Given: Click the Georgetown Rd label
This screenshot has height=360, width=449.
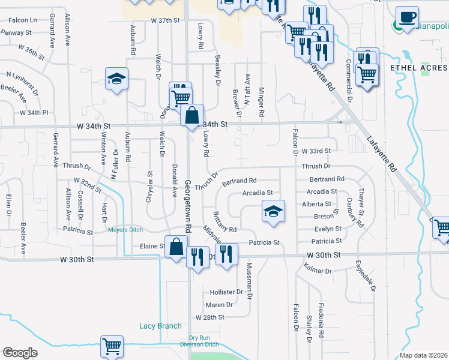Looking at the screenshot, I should click(x=188, y=206).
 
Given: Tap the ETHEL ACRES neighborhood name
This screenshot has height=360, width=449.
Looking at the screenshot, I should click(x=416, y=68).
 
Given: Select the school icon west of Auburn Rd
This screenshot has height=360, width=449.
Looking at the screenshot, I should click(x=117, y=79).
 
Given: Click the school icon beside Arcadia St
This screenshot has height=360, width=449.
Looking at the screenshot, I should click(x=273, y=211).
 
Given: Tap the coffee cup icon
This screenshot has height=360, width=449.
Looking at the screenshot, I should click(x=408, y=17).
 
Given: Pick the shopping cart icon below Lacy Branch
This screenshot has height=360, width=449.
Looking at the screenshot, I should click(x=112, y=346).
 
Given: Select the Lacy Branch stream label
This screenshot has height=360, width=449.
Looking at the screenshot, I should click(x=160, y=326).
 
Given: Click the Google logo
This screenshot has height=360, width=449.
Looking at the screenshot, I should click(x=20, y=352).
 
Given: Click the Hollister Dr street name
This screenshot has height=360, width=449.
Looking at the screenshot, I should click(x=226, y=292).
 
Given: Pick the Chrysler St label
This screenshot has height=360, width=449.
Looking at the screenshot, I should click(x=149, y=187).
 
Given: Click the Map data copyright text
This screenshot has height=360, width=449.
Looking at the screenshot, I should click(x=423, y=355).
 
